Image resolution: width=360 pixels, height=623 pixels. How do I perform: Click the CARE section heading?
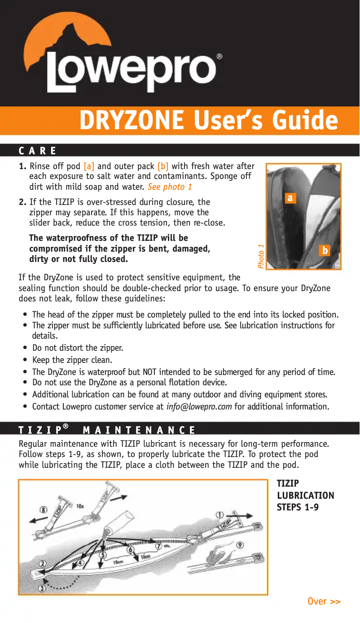[x=38, y=151]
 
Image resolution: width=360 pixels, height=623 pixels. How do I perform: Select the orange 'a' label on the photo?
[x=291, y=198]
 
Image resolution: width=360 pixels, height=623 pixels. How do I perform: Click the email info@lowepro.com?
[x=199, y=407]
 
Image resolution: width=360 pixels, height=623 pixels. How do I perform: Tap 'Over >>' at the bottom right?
[x=324, y=601]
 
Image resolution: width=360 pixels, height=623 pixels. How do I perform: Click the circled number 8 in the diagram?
[x=44, y=510]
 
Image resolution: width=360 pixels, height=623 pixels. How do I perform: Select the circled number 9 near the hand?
[x=240, y=545]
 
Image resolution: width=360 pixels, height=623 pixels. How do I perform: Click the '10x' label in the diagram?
[x=80, y=506]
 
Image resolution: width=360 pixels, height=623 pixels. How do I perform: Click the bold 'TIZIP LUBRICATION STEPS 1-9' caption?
[x=305, y=495]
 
